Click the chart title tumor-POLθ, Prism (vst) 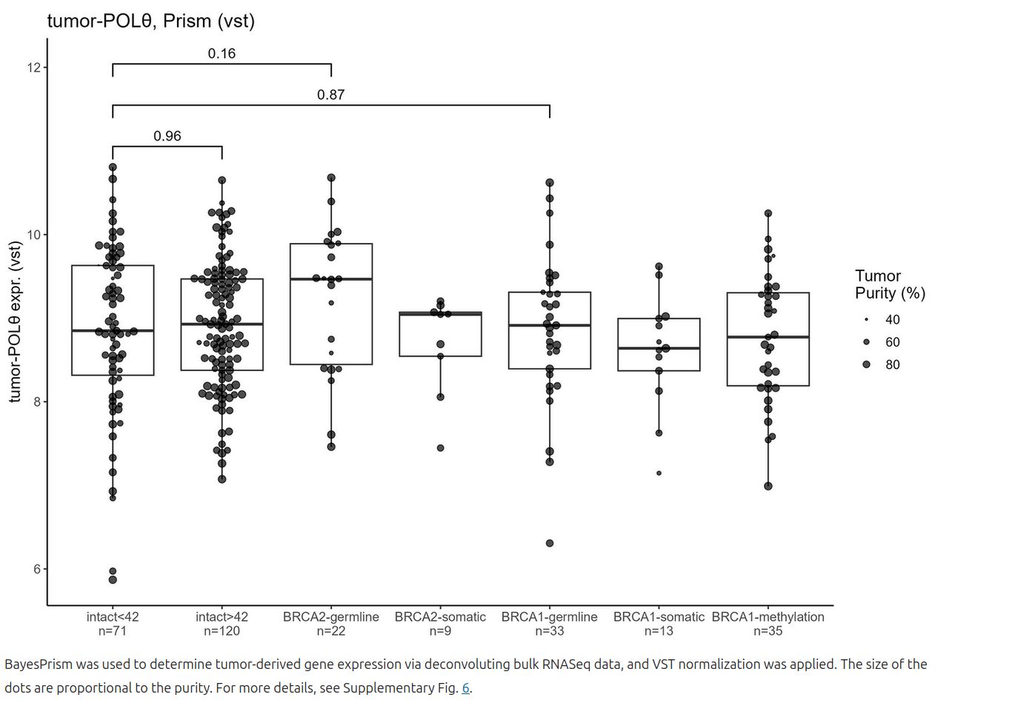click(151, 21)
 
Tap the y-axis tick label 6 click(37, 569)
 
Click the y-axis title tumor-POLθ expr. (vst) click(15, 322)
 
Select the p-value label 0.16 click(222, 53)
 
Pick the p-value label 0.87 click(330, 95)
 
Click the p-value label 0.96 click(167, 136)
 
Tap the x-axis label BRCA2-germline click(330, 617)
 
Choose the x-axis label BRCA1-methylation click(768, 617)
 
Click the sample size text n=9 click(440, 631)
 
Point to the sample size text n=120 click(222, 631)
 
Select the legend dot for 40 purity click(866, 320)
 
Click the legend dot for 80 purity click(866, 364)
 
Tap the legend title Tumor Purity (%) click(889, 284)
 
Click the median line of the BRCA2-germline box click(330, 279)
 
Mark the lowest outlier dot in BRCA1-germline click(550, 543)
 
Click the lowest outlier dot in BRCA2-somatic click(440, 447)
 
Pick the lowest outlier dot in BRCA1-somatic click(659, 473)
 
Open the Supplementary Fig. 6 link click(466, 688)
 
